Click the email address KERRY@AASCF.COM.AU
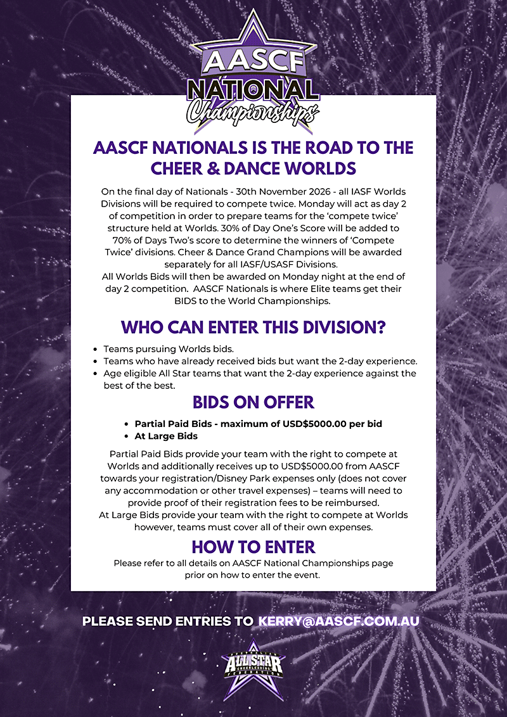coord(338,621)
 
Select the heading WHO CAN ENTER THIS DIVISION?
coord(253,327)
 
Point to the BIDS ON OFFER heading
coord(253,402)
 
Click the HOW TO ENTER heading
coord(253,546)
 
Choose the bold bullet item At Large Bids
coord(166,436)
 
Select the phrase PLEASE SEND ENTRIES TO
coord(168,621)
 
